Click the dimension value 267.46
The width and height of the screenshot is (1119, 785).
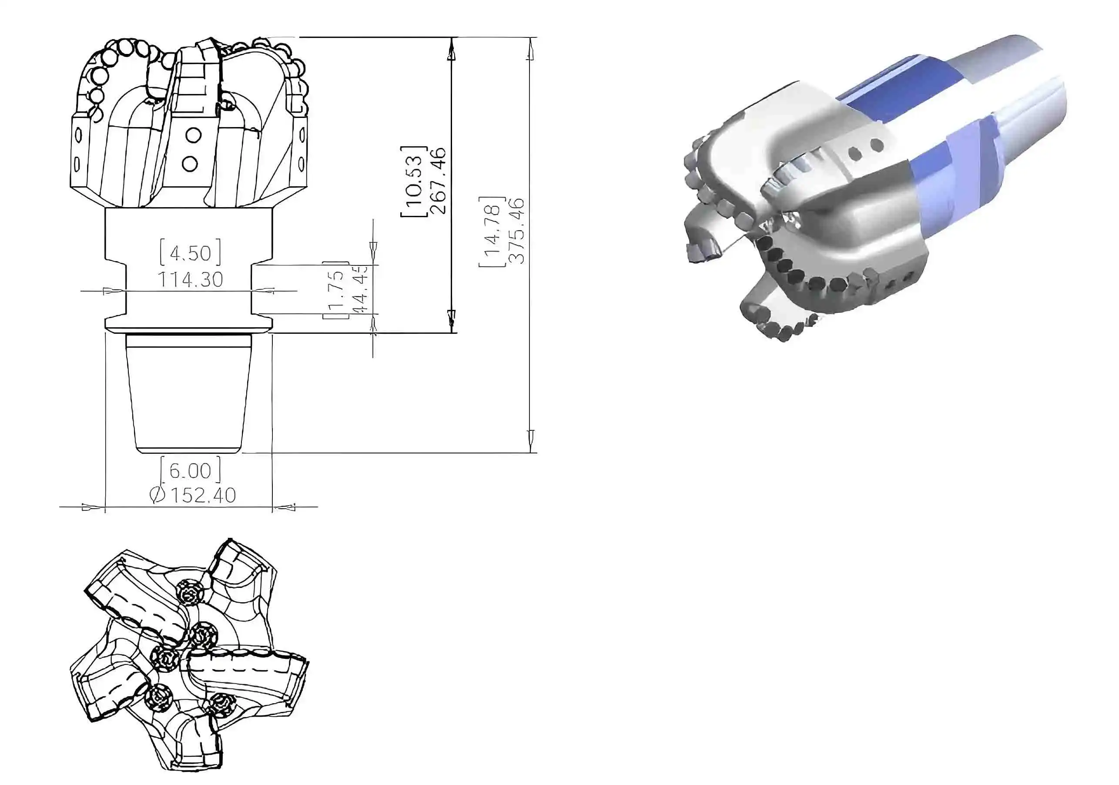pos(438,181)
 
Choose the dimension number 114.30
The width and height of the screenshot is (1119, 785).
pos(190,279)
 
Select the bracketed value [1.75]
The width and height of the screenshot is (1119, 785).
pos(336,291)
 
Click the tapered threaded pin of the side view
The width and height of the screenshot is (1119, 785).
pos(189,395)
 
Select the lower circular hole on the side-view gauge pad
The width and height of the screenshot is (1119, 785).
pos(190,163)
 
